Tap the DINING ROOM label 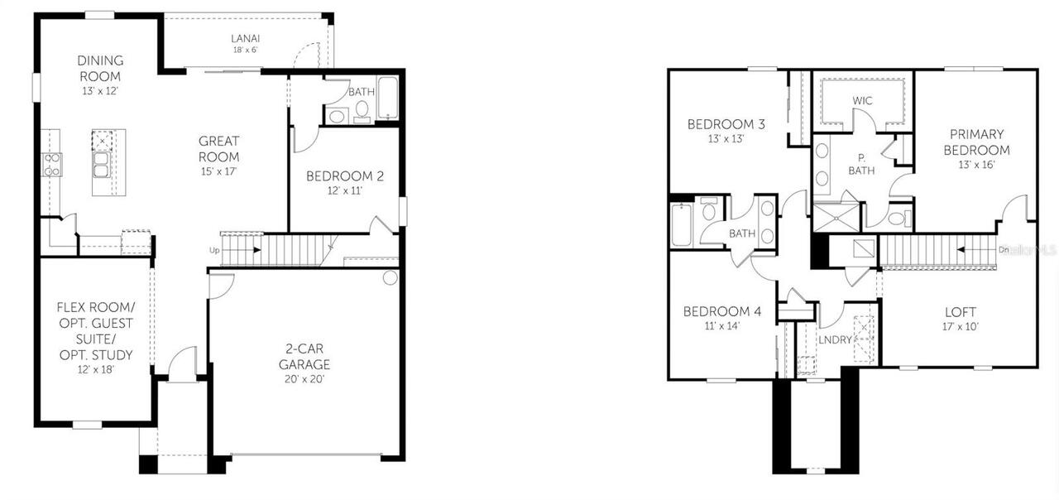(100, 68)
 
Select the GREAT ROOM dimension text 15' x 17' (218, 171)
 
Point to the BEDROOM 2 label (345, 175)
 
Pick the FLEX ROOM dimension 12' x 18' (94, 369)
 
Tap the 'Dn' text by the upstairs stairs (1004, 248)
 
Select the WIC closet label (864, 101)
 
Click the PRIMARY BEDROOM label (976, 142)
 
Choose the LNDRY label (835, 339)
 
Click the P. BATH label (861, 164)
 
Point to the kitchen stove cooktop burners (52, 164)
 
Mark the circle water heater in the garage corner (391, 278)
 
